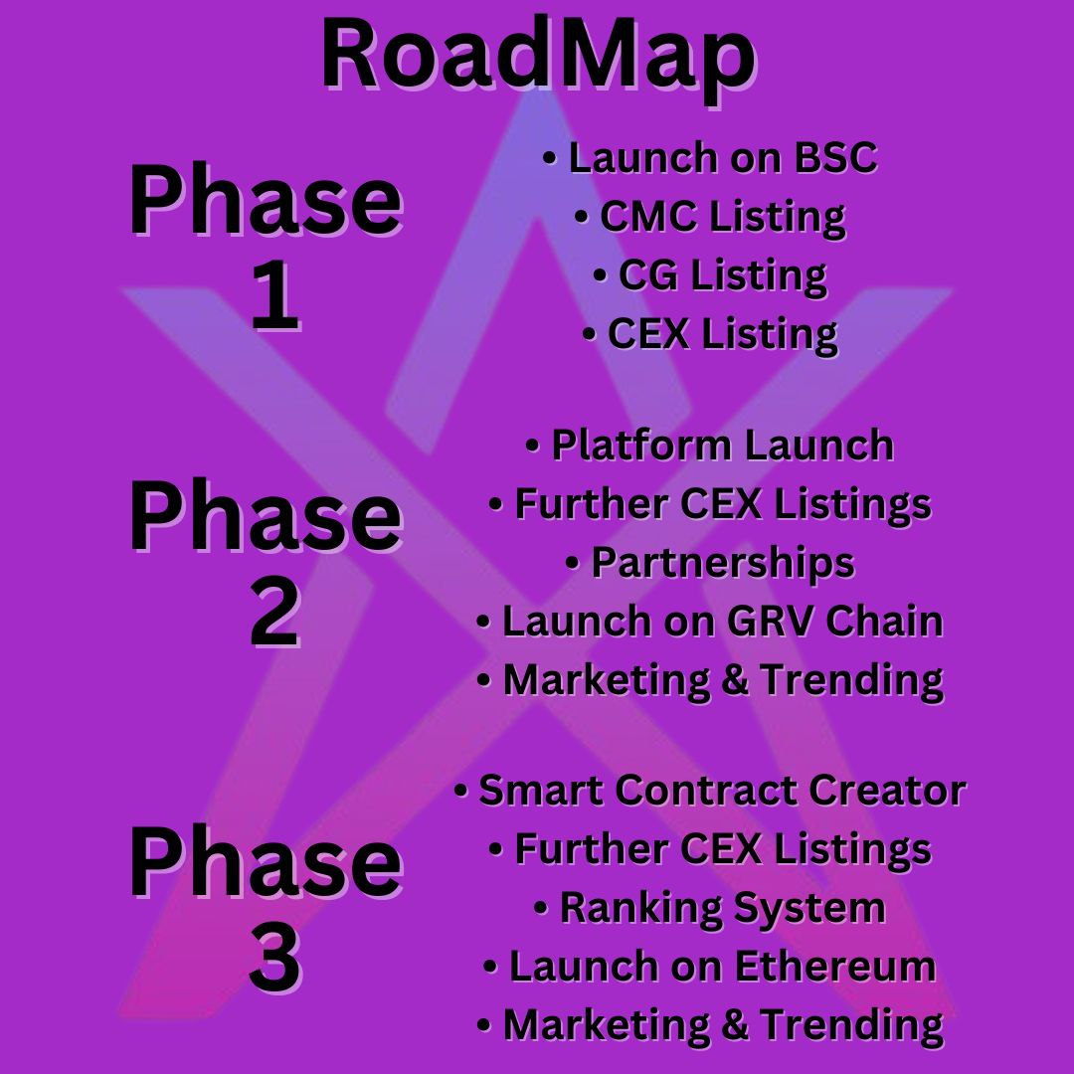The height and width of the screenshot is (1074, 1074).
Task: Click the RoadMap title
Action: point(537,57)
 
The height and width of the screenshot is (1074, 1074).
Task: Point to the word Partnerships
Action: point(722,563)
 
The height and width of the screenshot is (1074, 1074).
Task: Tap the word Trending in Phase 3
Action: point(852,1025)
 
